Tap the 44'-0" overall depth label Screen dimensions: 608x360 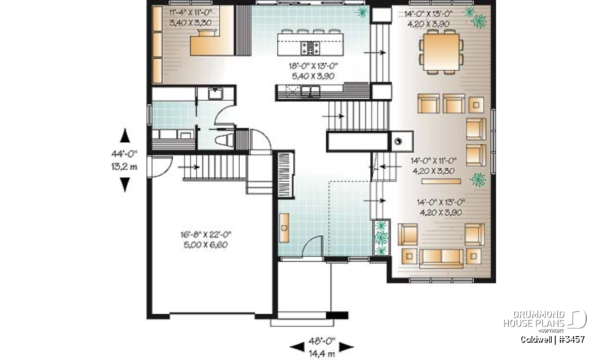[x=124, y=154]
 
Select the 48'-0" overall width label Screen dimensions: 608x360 [x=322, y=341]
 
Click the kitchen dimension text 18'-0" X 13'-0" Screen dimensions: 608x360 [x=313, y=66]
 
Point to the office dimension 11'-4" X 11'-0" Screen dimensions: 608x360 [x=191, y=12]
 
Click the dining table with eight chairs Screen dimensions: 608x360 [x=441, y=52]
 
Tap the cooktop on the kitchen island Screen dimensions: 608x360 [x=310, y=48]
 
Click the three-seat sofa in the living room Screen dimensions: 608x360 [x=441, y=259]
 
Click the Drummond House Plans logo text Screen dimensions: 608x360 [x=534, y=319]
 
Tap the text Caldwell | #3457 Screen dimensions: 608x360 [x=552, y=339]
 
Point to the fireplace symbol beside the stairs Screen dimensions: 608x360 [x=398, y=141]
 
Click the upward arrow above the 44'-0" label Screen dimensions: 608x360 [x=125, y=135]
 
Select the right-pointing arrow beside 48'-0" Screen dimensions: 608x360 [x=347, y=346]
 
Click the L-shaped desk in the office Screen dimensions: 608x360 [x=212, y=43]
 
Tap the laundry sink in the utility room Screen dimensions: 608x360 [x=216, y=94]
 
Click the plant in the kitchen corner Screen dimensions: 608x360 [x=362, y=12]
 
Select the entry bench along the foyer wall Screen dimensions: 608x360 [x=284, y=228]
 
